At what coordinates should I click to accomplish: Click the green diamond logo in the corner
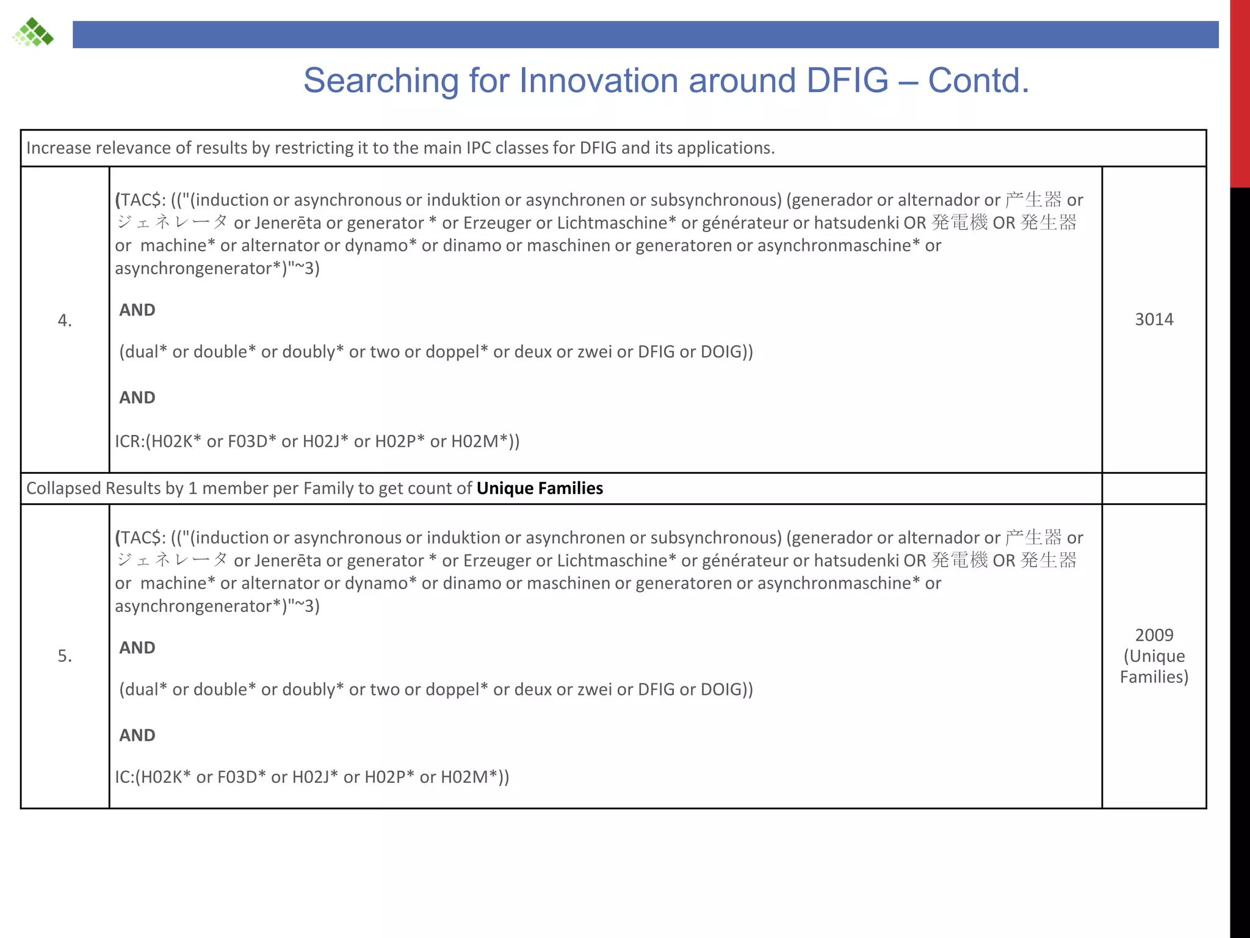pos(34,32)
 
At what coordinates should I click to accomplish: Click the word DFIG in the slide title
pos(847,81)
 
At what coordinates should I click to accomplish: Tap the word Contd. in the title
pos(978,81)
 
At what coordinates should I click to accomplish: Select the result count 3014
pos(1154,319)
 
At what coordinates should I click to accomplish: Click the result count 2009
pos(1154,635)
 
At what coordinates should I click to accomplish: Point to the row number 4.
pos(65,320)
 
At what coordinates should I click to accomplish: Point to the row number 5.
pos(65,656)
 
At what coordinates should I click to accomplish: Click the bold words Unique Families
pos(540,489)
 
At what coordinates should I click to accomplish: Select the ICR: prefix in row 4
pos(130,442)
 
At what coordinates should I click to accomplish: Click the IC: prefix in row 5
pos(125,777)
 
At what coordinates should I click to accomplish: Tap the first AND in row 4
pos(137,310)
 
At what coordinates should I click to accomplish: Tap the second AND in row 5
pos(137,735)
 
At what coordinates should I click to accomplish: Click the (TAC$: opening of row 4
pos(140,200)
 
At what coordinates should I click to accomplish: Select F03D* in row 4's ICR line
pos(251,442)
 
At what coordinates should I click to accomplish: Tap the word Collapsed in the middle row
pos(63,489)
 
